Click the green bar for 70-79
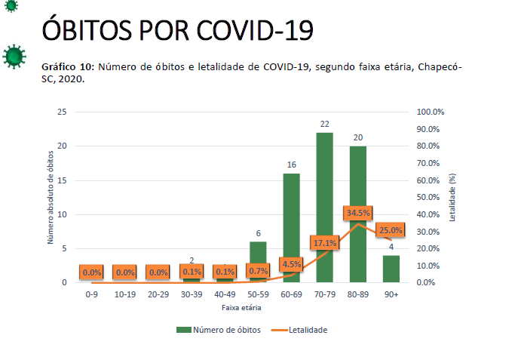tap(325, 208)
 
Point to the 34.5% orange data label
tap(357, 214)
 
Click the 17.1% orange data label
tap(325, 243)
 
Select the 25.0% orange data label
tap(391, 230)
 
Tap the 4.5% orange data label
tap(292, 264)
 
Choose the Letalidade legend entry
tap(302, 329)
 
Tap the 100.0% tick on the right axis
tap(431, 112)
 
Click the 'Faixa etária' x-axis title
tap(241, 307)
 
